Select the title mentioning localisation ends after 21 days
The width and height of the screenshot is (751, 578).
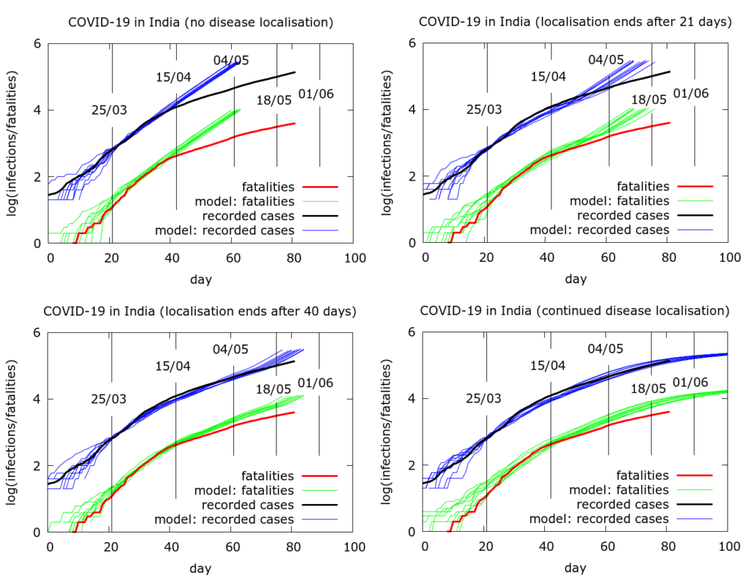[x=575, y=22]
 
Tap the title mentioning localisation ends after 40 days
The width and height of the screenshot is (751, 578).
[x=200, y=311]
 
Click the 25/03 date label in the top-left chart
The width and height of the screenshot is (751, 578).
[x=109, y=111]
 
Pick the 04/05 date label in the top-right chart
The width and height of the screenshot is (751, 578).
[x=606, y=60]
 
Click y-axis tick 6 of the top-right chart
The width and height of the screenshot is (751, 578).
[x=412, y=43]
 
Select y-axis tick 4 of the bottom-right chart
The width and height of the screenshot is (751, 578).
[x=412, y=399]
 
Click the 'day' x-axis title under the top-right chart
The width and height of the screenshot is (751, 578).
[x=575, y=279]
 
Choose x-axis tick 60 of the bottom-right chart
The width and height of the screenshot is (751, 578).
[x=608, y=547]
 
